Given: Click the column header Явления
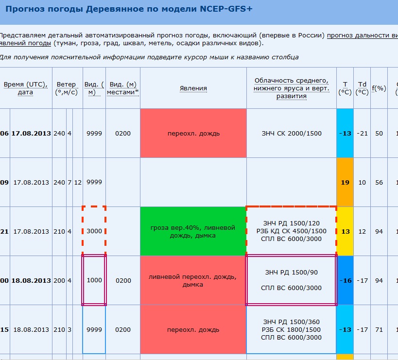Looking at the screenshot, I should click(193, 88).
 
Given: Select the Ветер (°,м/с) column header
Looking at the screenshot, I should click(67, 88).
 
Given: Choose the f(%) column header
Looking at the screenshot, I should click(379, 88).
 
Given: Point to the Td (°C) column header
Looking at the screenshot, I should click(362, 88).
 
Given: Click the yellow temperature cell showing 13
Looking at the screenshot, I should click(345, 232).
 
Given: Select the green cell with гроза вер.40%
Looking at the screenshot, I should click(193, 232).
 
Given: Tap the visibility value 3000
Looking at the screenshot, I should click(94, 232).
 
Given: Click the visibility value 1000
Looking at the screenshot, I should click(94, 281).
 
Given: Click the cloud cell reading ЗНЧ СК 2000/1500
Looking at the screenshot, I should click(292, 134).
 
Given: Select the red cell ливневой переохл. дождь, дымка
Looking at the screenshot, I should click(193, 281).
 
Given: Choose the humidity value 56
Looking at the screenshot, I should click(379, 183).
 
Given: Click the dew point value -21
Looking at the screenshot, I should click(362, 134).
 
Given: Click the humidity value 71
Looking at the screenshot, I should click(379, 330).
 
